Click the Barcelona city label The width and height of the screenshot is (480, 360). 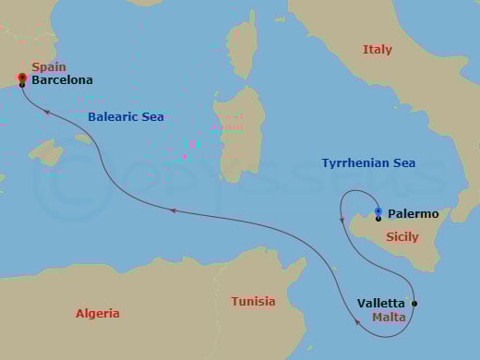tap(62, 80)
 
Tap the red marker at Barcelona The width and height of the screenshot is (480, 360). tap(21, 78)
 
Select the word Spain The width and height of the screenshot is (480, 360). tap(48, 66)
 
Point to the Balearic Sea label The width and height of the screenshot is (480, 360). tap(126, 117)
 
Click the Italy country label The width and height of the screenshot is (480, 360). tap(377, 50)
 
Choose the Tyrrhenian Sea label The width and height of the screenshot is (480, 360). tap(368, 163)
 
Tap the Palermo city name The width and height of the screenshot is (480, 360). tap(413, 214)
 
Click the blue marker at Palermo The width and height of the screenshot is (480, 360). tap(378, 212)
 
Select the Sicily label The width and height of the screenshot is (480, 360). tap(402, 237)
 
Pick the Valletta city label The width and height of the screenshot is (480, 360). tap(380, 303)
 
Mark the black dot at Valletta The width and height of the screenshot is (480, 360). tap(414, 304)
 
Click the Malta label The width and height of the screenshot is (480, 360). tap(388, 318)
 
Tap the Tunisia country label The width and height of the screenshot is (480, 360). tap(252, 302)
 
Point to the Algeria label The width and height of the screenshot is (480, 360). tap(97, 314)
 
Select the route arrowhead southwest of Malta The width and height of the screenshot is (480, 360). tap(357, 322)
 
